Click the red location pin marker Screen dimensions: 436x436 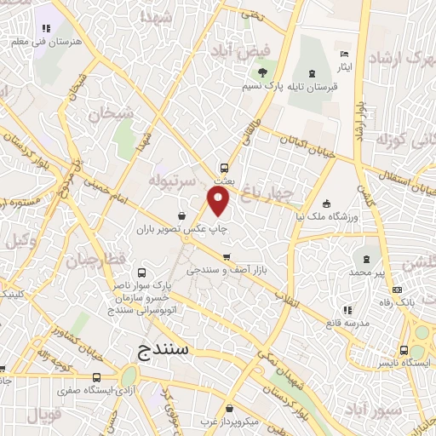[220, 202]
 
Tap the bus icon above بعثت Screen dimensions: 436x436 [225, 168]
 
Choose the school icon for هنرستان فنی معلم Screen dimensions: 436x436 [44, 28]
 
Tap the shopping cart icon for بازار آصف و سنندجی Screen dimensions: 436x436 [226, 256]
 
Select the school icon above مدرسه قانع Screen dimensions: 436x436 [347, 311]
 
